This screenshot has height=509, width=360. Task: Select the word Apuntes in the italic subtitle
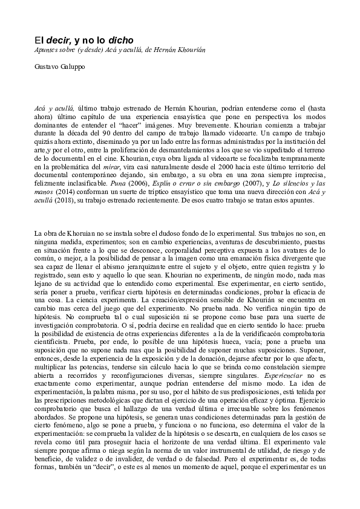[x=48, y=50]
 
